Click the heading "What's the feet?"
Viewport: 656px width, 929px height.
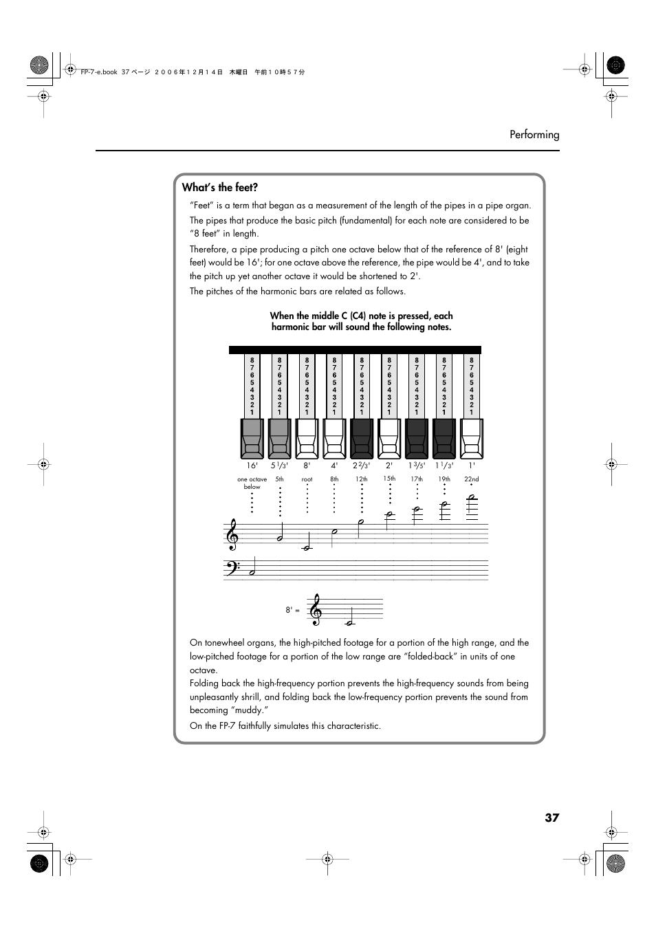pyautogui.click(x=220, y=188)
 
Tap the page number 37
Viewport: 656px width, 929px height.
pyautogui.click(x=551, y=818)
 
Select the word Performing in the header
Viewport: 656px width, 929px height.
pyautogui.click(x=534, y=135)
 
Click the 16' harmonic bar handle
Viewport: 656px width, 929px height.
pyautogui.click(x=252, y=439)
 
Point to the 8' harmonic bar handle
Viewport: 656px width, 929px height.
pyautogui.click(x=307, y=439)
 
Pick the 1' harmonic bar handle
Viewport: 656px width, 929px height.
pyautogui.click(x=472, y=439)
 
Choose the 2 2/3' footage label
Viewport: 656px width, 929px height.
pyautogui.click(x=362, y=466)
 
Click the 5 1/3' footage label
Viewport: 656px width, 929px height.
pyautogui.click(x=279, y=466)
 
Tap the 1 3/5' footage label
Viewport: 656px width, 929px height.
pyautogui.click(x=417, y=466)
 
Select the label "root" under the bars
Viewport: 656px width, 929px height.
pyautogui.click(x=307, y=479)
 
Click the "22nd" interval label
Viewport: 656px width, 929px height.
pyautogui.click(x=471, y=479)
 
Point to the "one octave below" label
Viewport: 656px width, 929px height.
pyautogui.click(x=252, y=483)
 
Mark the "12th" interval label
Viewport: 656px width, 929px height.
pyautogui.click(x=362, y=479)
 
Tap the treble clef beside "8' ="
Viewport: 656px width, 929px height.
pyautogui.click(x=316, y=610)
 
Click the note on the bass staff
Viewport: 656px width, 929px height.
pyautogui.click(x=253, y=572)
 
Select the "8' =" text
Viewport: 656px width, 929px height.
pyautogui.click(x=292, y=610)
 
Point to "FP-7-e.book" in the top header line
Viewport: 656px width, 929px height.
pyautogui.click(x=99, y=72)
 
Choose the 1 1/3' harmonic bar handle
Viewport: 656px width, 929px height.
pyautogui.click(x=444, y=439)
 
